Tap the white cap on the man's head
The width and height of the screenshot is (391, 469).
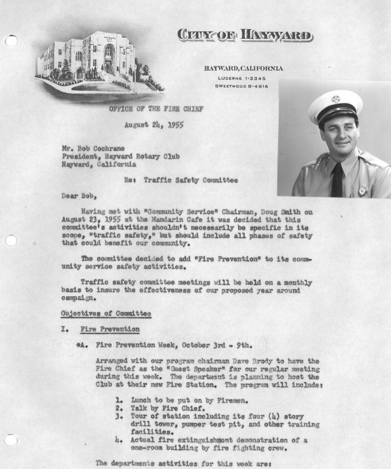coord(335,105)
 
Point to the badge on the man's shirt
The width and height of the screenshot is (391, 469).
coord(362,189)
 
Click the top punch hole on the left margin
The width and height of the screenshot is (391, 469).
coord(12,40)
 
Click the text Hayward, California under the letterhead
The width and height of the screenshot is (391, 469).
coord(244,68)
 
